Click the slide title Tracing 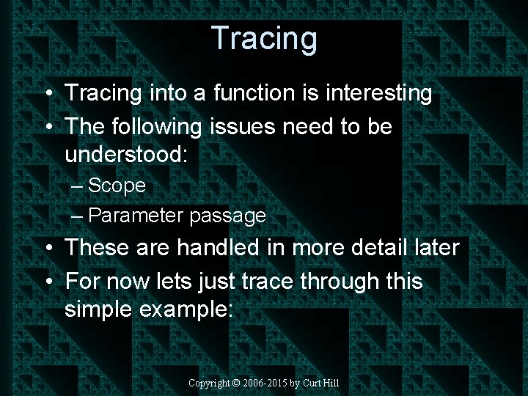click(x=264, y=37)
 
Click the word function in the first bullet click(x=244, y=93)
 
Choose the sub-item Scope click(x=117, y=186)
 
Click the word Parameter click(x=136, y=216)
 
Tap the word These click(x=99, y=248)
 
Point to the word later click(x=436, y=248)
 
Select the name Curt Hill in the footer click(x=320, y=383)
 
